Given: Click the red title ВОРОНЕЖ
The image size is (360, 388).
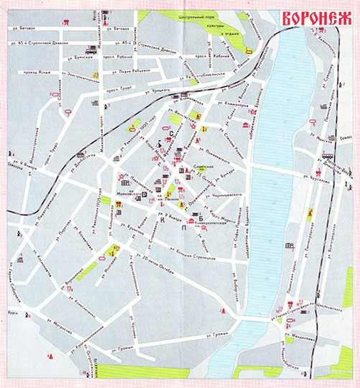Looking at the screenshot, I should point(315,19).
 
